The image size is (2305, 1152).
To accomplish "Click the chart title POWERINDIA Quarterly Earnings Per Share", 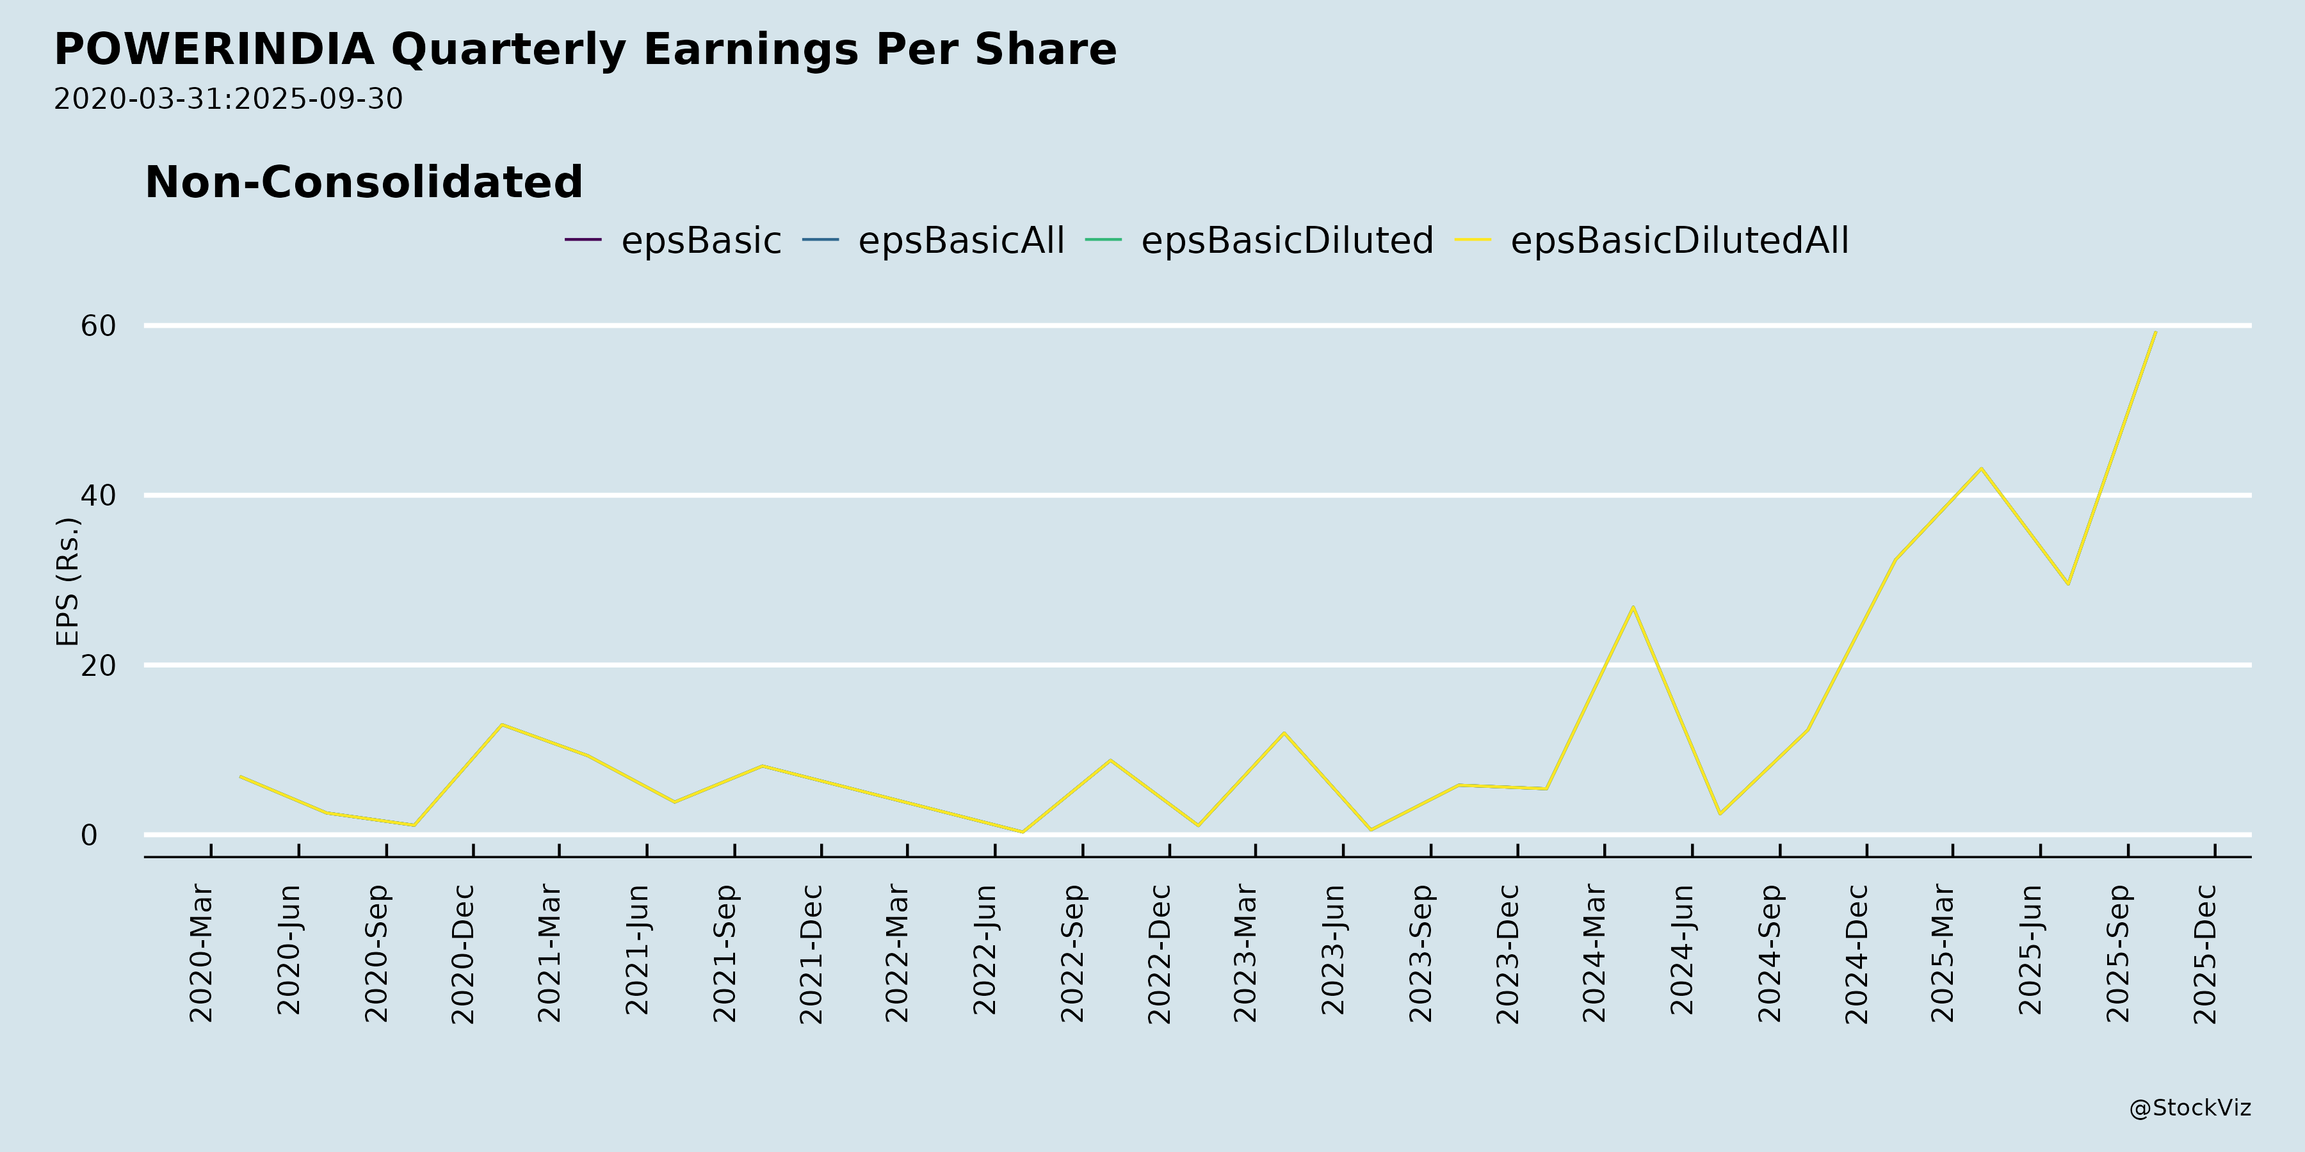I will (x=585, y=49).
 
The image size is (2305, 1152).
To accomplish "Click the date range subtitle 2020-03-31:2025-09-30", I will (x=228, y=99).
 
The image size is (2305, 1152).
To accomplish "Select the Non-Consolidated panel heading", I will (x=363, y=182).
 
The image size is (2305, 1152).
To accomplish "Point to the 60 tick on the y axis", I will (x=99, y=326).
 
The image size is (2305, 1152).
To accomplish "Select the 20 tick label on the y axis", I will (x=99, y=666).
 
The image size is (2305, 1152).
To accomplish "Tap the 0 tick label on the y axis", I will (x=88, y=835).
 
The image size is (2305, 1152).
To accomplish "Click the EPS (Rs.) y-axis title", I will (x=68, y=581).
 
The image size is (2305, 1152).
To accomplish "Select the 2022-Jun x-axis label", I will (x=985, y=950).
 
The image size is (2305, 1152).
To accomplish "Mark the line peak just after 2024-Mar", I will (x=1633, y=607).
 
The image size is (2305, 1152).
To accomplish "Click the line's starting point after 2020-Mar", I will (x=240, y=776).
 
